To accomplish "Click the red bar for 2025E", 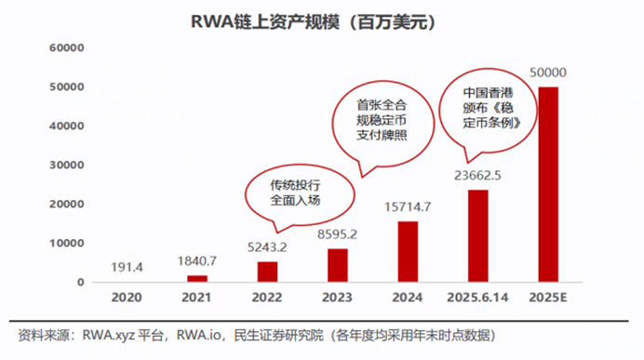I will coord(549,184).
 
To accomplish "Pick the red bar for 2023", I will coord(338,265).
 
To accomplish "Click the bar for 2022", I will coord(267,272).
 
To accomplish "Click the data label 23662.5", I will coord(478,174).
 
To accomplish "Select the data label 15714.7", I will coord(408,206).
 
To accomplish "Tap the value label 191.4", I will coord(126,267).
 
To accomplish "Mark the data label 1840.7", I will coord(196,261).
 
